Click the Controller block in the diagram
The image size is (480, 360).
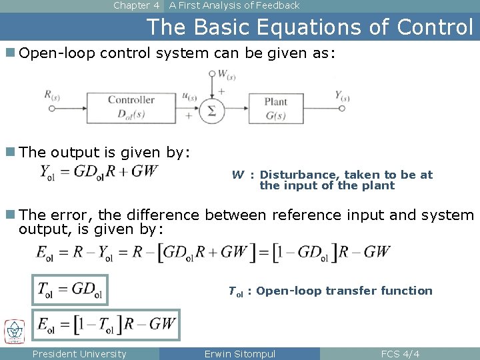[131, 106]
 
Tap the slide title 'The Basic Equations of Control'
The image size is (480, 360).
[309, 27]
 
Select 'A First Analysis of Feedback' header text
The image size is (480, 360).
[234, 5]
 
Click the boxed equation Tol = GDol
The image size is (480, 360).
[70, 289]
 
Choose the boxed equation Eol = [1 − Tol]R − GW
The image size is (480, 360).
[107, 325]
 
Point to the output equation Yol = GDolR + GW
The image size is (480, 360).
[99, 171]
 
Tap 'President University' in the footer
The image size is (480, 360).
[79, 354]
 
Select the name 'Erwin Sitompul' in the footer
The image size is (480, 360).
[239, 354]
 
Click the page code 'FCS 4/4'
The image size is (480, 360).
[399, 354]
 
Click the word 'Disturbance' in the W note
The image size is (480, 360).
[290, 175]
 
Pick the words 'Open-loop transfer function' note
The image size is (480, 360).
[344, 291]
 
